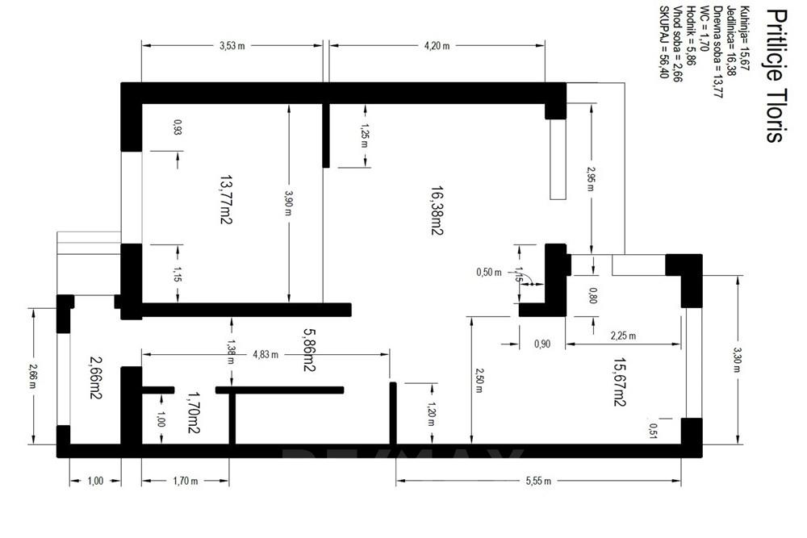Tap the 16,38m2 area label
(x=437, y=210)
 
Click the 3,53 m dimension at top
(x=232, y=46)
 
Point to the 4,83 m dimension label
(x=266, y=354)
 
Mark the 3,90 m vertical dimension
(x=289, y=202)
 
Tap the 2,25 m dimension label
(x=621, y=336)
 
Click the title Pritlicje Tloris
(x=773, y=76)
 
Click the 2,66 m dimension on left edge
(x=33, y=375)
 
